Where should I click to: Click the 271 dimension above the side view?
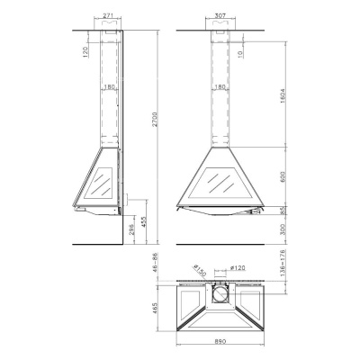coord(108,15)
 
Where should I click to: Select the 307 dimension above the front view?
coord(220,15)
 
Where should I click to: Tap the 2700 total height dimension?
coord(159,130)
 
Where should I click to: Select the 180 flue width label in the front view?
coord(220,87)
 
